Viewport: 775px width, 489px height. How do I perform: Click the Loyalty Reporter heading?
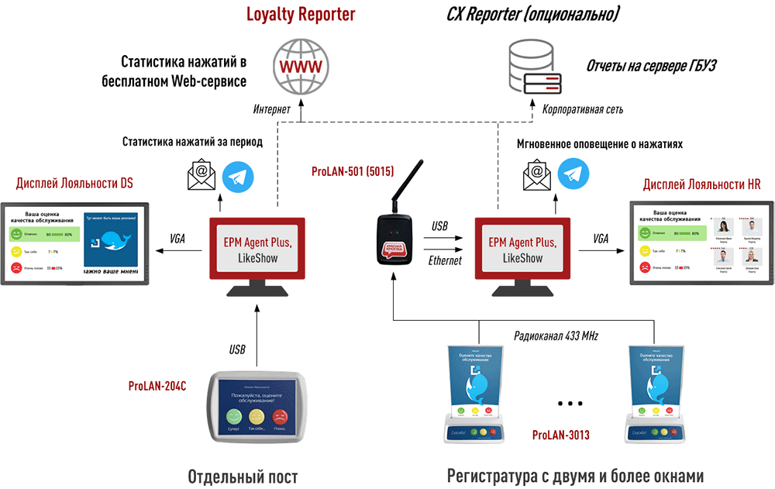(x=301, y=15)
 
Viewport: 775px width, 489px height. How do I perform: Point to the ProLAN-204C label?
(x=157, y=385)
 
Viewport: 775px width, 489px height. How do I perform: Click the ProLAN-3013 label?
(x=561, y=436)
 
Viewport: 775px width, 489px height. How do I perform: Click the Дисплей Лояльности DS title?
(x=74, y=184)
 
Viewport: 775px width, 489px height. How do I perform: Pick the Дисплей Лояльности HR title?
(x=701, y=184)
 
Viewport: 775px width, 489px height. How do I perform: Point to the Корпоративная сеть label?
(x=582, y=110)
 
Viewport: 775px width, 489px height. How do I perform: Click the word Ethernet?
(x=445, y=261)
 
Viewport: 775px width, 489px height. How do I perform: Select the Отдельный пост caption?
(x=243, y=475)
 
